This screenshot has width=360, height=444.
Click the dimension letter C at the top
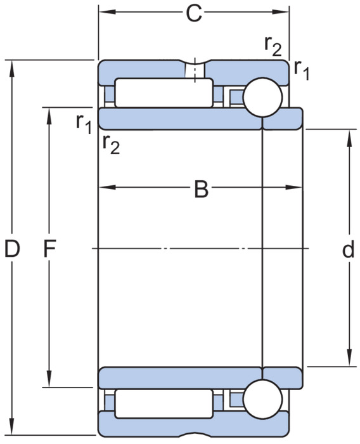194,13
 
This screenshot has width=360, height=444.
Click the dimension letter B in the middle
201,189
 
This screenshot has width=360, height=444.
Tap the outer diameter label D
12,249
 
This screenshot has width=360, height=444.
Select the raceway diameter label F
49,249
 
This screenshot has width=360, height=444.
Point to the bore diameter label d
348,249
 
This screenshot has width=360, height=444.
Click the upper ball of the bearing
262,97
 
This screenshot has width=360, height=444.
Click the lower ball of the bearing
262,399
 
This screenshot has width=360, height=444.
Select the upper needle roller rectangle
164,93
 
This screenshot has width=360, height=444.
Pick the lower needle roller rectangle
164,403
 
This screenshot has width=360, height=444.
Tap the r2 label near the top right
273,46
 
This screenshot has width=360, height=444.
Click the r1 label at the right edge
302,70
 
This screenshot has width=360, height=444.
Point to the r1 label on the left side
84,124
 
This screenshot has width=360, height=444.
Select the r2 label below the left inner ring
111,144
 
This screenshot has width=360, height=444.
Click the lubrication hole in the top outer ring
195,70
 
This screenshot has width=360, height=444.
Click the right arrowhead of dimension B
294,188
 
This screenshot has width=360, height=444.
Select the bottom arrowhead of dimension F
49,378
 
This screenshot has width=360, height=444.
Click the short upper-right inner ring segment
283,119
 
